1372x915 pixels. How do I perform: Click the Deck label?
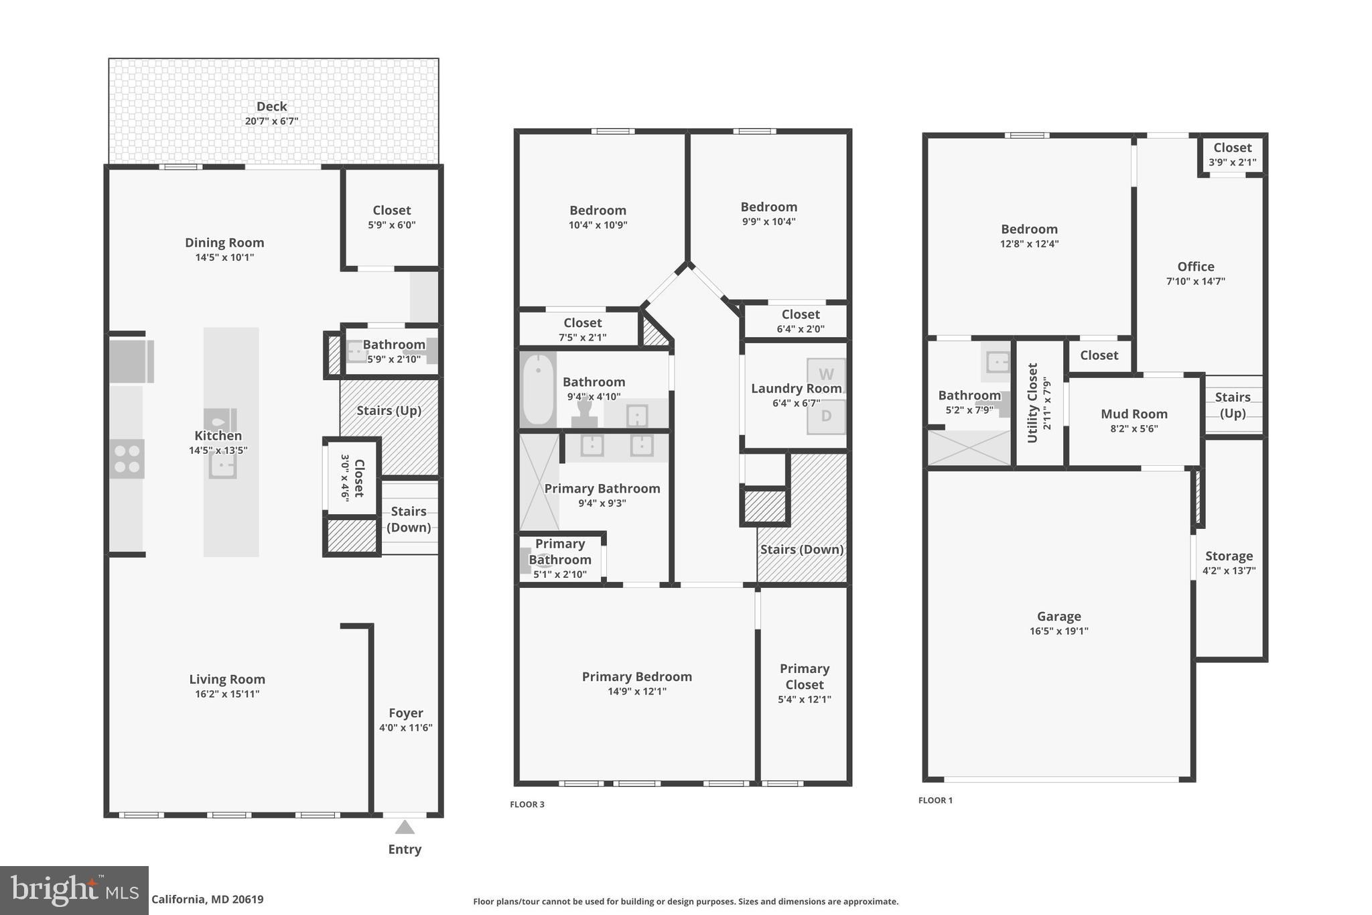pos(271,107)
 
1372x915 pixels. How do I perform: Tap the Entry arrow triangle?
pos(404,827)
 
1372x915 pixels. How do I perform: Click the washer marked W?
pos(826,375)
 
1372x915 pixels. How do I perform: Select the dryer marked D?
pos(826,416)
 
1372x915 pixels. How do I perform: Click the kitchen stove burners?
pos(127,459)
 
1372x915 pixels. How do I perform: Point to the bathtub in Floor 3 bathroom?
pos(538,389)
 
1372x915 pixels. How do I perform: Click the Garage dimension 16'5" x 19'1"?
pos(1058,631)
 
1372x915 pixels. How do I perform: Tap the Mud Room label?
pos(1134,414)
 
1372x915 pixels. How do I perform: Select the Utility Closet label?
pos(1032,403)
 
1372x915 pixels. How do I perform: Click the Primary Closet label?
pos(804,676)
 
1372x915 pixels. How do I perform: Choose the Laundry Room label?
pos(796,389)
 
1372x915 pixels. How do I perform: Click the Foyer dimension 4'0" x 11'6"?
pos(405,728)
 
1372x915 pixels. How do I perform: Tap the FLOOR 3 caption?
pos(527,804)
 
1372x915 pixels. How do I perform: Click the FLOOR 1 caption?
pos(935,800)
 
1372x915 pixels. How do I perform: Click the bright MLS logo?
pos(74,890)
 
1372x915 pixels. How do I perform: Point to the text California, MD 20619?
pos(207,900)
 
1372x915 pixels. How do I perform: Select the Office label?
pos(1195,267)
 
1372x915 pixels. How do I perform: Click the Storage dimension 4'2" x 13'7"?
pos(1229,571)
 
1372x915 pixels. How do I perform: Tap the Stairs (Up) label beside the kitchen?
pos(389,410)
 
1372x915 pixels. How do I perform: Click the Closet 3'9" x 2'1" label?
pos(1232,148)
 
